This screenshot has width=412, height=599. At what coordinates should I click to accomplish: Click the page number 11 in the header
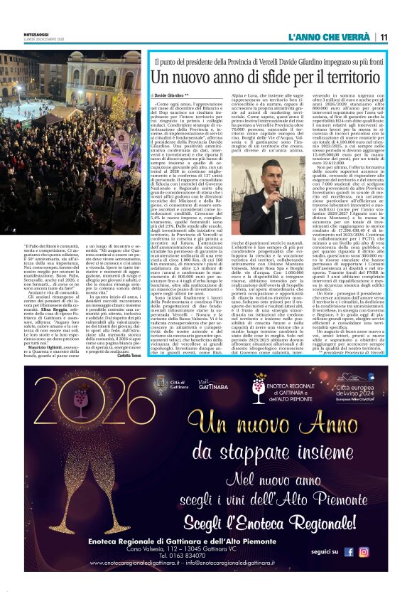[384, 37]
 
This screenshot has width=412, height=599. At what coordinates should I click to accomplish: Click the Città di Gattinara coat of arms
[162, 385]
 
